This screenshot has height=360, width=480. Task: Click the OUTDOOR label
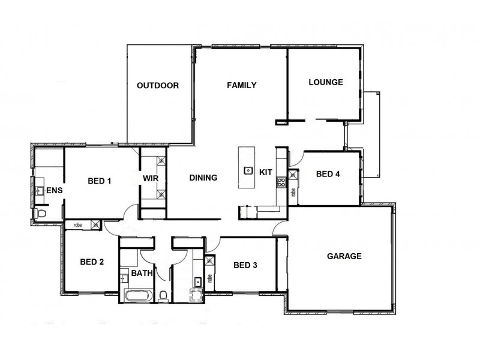(158, 85)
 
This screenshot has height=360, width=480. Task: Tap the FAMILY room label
(241, 85)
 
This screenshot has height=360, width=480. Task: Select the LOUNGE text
(325, 82)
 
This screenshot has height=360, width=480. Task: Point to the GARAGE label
(344, 256)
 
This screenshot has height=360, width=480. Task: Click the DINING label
(203, 178)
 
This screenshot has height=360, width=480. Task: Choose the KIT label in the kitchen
(265, 172)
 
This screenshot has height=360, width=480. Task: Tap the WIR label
(150, 178)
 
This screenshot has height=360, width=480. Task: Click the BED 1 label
(100, 181)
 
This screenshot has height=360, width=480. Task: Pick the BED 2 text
(92, 262)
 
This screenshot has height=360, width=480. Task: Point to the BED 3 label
(245, 265)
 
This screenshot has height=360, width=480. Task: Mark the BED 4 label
(328, 174)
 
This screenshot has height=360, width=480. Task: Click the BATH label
(142, 273)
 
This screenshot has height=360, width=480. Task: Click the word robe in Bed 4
(293, 193)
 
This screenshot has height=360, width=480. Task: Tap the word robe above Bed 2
(77, 225)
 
